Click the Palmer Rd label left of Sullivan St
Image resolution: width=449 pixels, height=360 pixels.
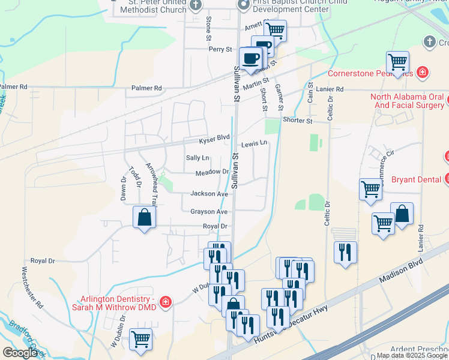pyautogui.click(x=146, y=88)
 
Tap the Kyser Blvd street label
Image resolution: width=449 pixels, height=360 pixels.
pyautogui.click(x=215, y=139)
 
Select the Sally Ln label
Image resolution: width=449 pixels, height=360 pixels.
pyautogui.click(x=197, y=158)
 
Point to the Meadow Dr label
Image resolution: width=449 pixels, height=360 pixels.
pyautogui.click(x=212, y=173)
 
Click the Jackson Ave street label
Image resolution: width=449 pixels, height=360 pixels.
pyautogui.click(x=209, y=194)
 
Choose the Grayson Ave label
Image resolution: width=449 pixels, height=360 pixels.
pyautogui.click(x=209, y=212)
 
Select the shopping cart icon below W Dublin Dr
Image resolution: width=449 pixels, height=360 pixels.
pyautogui.click(x=140, y=340)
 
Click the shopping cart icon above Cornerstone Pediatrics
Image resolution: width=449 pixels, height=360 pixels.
pyautogui.click(x=397, y=61)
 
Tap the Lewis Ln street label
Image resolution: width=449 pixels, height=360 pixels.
pyautogui.click(x=253, y=145)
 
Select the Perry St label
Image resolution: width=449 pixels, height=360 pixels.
pyautogui.click(x=220, y=49)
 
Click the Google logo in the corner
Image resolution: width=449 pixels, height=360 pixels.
pyautogui.click(x=20, y=353)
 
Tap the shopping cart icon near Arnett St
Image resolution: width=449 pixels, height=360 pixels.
pyautogui.click(x=275, y=30)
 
